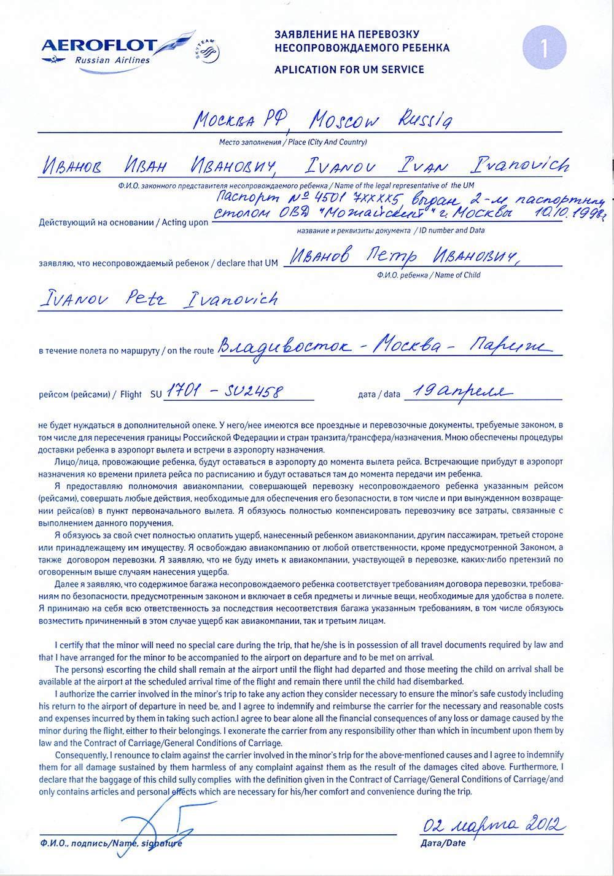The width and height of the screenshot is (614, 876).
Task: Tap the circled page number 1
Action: point(543,47)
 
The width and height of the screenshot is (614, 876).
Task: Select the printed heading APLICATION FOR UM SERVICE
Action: point(349,69)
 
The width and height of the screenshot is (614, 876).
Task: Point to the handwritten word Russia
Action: point(425,120)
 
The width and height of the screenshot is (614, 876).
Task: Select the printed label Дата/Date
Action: point(443,843)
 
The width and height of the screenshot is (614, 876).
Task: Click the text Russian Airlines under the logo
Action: point(112,60)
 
